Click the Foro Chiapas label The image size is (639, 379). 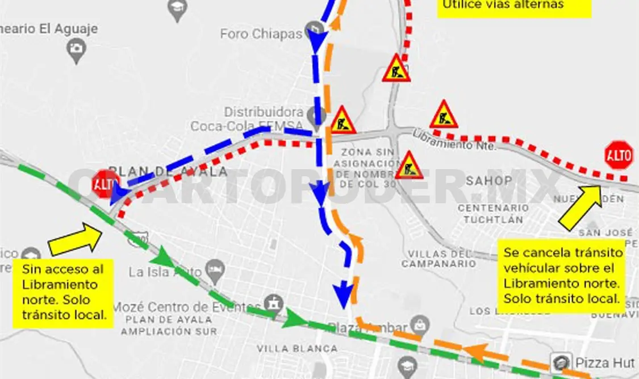point(261,34)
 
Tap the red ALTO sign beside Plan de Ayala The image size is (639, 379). point(106,184)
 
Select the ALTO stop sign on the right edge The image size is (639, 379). point(619,155)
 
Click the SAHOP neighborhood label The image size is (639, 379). point(488,181)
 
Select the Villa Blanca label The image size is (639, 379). point(297,348)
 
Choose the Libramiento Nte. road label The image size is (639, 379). point(454,140)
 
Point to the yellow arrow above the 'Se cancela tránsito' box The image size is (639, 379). point(581,207)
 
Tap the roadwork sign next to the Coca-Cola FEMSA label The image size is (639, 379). point(343,120)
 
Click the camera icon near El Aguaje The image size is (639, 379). point(76,50)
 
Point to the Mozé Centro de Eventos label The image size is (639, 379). point(187,307)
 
